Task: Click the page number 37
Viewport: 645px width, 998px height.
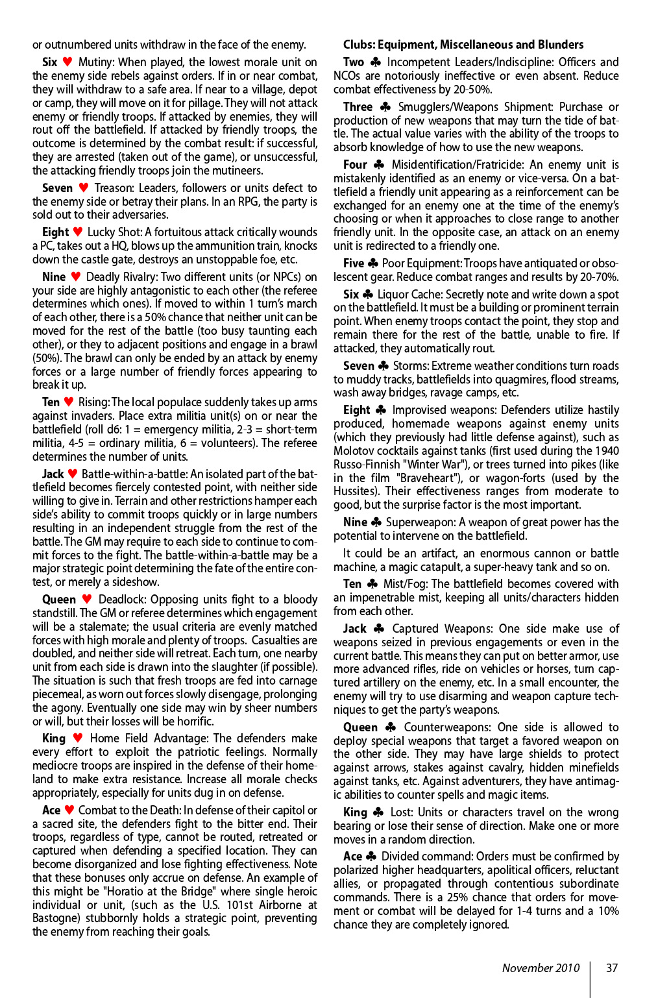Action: point(611,968)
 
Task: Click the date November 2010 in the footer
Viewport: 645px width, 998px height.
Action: point(541,968)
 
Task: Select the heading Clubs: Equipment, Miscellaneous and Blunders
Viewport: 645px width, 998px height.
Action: point(463,45)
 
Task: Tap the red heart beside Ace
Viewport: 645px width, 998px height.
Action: point(69,810)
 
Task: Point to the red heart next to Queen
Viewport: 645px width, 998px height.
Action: point(87,599)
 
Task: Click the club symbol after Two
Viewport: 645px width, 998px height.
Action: point(375,62)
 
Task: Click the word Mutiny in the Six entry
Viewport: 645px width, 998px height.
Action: point(96,62)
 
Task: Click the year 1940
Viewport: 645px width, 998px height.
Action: point(606,450)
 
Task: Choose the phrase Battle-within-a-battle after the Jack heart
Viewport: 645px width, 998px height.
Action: point(134,474)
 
